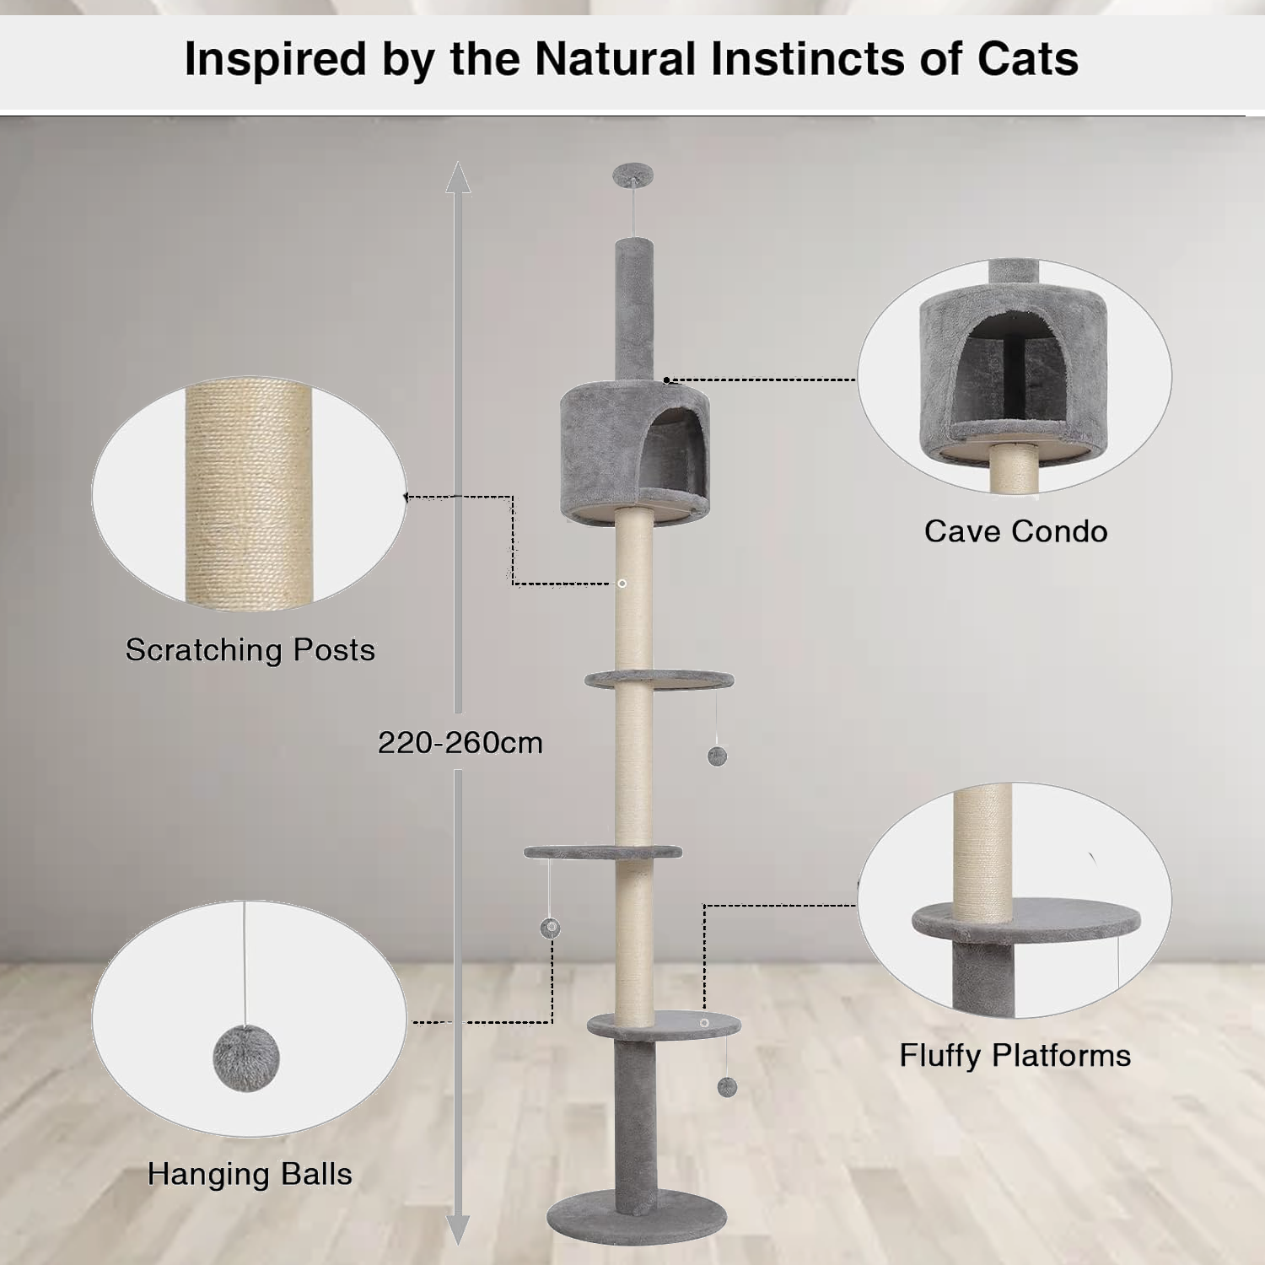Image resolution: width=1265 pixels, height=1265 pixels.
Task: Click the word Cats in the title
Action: click(1027, 59)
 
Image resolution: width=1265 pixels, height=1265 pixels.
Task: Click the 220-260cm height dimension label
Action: click(460, 743)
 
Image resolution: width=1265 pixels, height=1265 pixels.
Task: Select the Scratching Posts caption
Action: click(250, 650)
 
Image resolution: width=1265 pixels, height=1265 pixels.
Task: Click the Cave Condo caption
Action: click(1015, 531)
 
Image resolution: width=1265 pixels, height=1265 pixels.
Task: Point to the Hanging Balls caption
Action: click(250, 1174)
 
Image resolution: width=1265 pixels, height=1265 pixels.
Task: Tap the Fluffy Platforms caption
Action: click(1015, 1056)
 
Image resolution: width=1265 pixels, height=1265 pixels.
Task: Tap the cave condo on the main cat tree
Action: click(634, 450)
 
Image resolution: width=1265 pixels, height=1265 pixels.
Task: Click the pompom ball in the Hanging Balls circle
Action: click(245, 1058)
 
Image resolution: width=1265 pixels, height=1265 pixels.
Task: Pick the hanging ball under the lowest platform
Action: click(727, 1086)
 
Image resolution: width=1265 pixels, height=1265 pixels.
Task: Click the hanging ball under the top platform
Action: click(717, 756)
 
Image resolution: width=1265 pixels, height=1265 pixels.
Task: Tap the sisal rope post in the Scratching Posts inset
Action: click(249, 493)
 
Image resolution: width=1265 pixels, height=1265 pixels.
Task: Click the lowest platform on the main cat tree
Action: click(664, 1025)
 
